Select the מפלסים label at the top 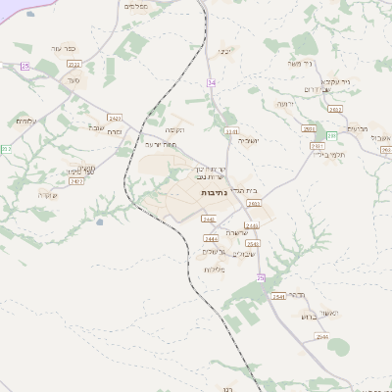tap(137, 6)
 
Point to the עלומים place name tap(26, 121)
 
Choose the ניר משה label tap(300, 64)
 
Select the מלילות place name tap(214, 269)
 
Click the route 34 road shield tap(211, 82)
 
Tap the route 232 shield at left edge tap(5, 149)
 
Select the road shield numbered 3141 tap(231, 129)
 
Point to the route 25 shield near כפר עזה tap(25, 66)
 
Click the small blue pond tap(99, 222)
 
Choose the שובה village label tap(96, 127)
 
